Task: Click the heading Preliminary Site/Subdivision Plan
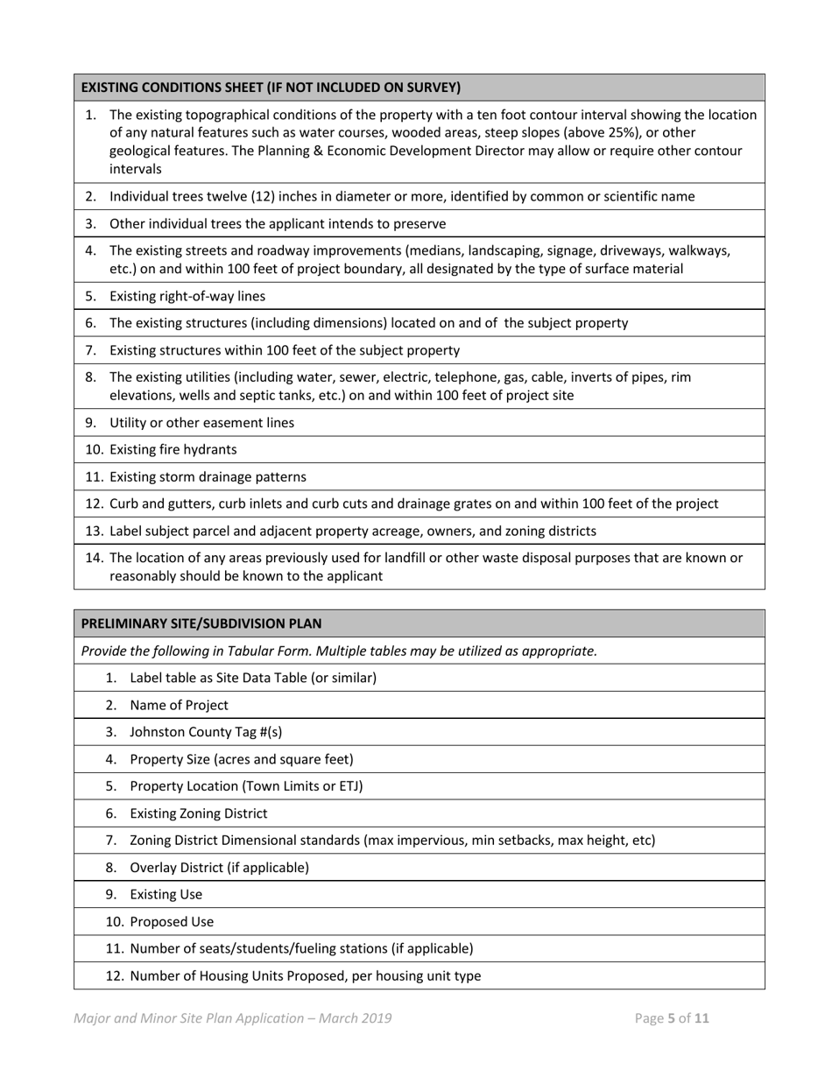[x=201, y=623]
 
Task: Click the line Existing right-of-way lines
[x=187, y=296]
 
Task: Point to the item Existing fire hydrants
[x=173, y=449]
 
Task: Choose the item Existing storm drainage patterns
[x=208, y=477]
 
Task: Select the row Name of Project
[x=179, y=705]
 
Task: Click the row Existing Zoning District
[x=199, y=813]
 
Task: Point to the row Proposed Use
[x=171, y=922]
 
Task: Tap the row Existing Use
[x=166, y=894]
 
